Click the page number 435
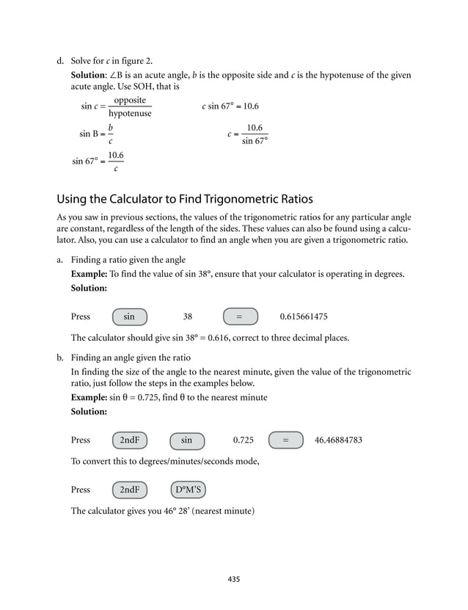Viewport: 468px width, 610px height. (234, 579)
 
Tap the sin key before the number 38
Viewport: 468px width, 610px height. (130, 316)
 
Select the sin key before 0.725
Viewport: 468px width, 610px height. (187, 440)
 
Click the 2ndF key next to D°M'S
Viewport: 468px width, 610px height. (130, 490)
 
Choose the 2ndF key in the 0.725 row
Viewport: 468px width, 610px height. (130, 440)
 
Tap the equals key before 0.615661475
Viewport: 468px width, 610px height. (239, 316)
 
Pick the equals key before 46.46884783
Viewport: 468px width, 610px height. (285, 440)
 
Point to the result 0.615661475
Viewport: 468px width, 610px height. (304, 317)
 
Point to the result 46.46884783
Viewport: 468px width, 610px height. (338, 440)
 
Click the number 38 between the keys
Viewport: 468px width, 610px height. (187, 317)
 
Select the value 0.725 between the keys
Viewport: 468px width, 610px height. (243, 440)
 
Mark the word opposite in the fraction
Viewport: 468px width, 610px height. (130, 100)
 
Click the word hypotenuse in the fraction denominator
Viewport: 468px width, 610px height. (130, 114)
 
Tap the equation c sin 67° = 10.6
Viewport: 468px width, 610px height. (230, 106)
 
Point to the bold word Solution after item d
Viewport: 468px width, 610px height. (87, 76)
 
